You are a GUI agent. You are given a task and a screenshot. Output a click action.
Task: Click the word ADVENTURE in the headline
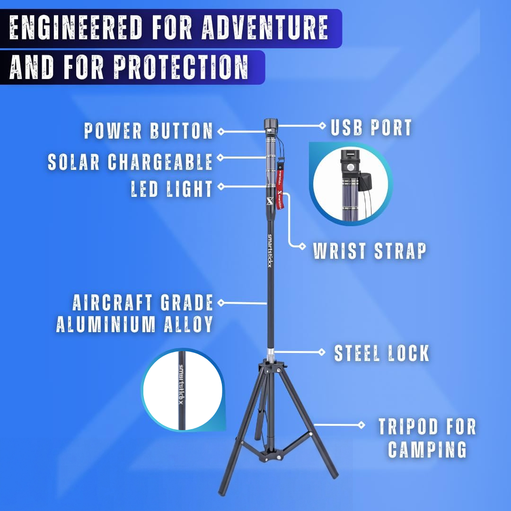coord(265,28)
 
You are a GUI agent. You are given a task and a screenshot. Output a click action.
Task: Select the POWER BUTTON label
coord(149,131)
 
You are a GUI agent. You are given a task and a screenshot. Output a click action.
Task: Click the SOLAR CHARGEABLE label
coord(130,162)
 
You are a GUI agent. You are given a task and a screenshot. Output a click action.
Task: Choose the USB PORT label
coord(371,128)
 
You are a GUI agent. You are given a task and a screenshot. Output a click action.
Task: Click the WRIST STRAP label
coord(370,251)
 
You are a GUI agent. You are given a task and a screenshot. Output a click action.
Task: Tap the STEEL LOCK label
coord(382,353)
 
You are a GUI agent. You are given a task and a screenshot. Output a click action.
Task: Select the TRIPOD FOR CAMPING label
coord(427,438)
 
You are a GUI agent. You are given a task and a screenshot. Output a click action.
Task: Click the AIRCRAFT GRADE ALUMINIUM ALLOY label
coord(135,313)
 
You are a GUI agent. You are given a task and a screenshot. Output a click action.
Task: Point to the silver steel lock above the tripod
coord(270,353)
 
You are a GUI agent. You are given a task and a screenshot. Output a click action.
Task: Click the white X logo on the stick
coord(269,201)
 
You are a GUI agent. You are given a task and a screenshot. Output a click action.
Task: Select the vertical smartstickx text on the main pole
coord(270,251)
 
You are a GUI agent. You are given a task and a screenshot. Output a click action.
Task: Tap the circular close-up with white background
coord(183,390)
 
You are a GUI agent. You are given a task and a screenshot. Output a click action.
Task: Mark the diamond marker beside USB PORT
coord(322,125)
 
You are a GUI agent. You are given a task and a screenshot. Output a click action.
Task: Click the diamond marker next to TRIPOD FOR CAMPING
coord(361,425)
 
